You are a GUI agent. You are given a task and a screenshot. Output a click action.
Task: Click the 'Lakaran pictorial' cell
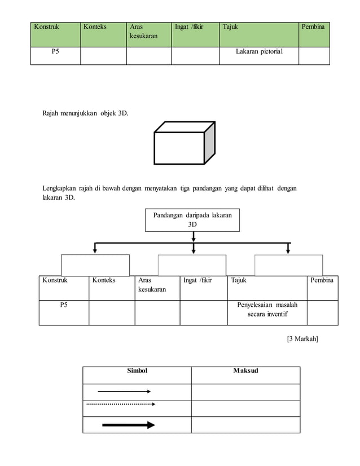point(259,52)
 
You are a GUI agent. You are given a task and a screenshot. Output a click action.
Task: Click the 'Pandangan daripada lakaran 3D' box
point(192,219)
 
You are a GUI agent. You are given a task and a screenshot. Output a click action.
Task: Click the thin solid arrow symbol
point(124,391)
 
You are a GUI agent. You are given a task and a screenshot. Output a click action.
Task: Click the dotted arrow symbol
point(120,404)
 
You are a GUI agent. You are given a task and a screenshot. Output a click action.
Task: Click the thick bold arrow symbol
point(128,425)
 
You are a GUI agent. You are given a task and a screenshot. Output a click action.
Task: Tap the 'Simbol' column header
point(137,371)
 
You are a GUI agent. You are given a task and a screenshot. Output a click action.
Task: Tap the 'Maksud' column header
point(245,371)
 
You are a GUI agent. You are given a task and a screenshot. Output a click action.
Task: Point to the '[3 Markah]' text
point(302,338)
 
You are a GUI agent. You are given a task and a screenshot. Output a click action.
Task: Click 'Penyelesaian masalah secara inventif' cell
point(267,309)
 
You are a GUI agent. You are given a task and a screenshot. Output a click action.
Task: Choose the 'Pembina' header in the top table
point(313,27)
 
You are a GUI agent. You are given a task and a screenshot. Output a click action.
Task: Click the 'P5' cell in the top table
point(56,52)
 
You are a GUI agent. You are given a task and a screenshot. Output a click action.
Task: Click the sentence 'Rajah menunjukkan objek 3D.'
point(85,114)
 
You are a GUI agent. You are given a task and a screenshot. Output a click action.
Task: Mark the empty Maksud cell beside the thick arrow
point(245,425)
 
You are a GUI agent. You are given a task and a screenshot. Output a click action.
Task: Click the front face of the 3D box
point(179,148)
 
